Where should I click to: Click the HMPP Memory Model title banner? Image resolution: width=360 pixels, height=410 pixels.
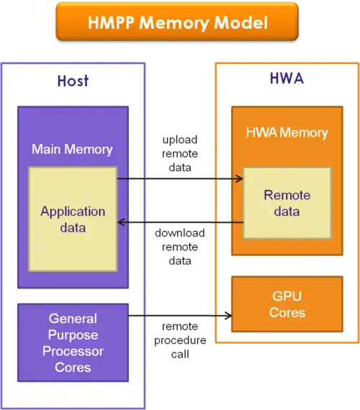tap(177, 22)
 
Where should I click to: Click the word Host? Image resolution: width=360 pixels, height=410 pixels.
tap(73, 81)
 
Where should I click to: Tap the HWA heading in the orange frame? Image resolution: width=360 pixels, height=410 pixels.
tap(287, 78)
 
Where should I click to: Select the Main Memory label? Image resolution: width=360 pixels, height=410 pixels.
tap(72, 150)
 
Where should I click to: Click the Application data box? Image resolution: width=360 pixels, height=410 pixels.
tap(73, 219)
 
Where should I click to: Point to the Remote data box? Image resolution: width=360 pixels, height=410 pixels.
tap(287, 203)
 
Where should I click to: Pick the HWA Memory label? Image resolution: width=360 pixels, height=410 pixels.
tap(287, 132)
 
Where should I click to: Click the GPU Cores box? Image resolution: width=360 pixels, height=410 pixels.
tap(287, 304)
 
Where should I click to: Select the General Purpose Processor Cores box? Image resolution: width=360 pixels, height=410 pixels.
tap(73, 342)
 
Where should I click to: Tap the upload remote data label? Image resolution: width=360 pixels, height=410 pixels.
tap(180, 153)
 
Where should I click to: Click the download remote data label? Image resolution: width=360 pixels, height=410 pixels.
tap(180, 247)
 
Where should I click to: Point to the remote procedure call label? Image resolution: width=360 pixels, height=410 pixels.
tap(180, 340)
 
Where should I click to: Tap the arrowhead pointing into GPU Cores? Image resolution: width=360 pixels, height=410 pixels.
tap(228, 316)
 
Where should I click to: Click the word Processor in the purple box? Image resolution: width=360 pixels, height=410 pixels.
tap(73, 351)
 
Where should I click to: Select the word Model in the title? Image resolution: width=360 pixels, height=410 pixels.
tap(241, 22)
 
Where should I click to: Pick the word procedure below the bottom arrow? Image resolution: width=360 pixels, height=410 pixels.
tap(180, 341)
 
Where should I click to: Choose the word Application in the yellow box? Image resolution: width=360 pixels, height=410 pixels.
tap(73, 211)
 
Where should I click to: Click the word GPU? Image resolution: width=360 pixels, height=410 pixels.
tap(287, 296)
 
